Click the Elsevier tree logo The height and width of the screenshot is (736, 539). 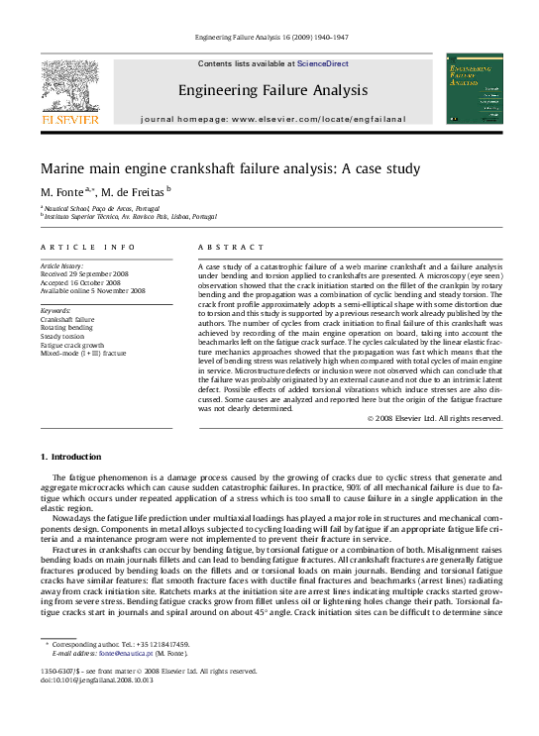click(69, 87)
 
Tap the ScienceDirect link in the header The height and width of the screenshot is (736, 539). click(323, 63)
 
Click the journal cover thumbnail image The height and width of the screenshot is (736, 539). click(474, 89)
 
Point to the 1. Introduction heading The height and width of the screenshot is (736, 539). click(69, 457)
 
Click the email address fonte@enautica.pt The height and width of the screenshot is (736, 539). click(128, 654)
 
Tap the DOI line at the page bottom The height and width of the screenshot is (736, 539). click(89, 681)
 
